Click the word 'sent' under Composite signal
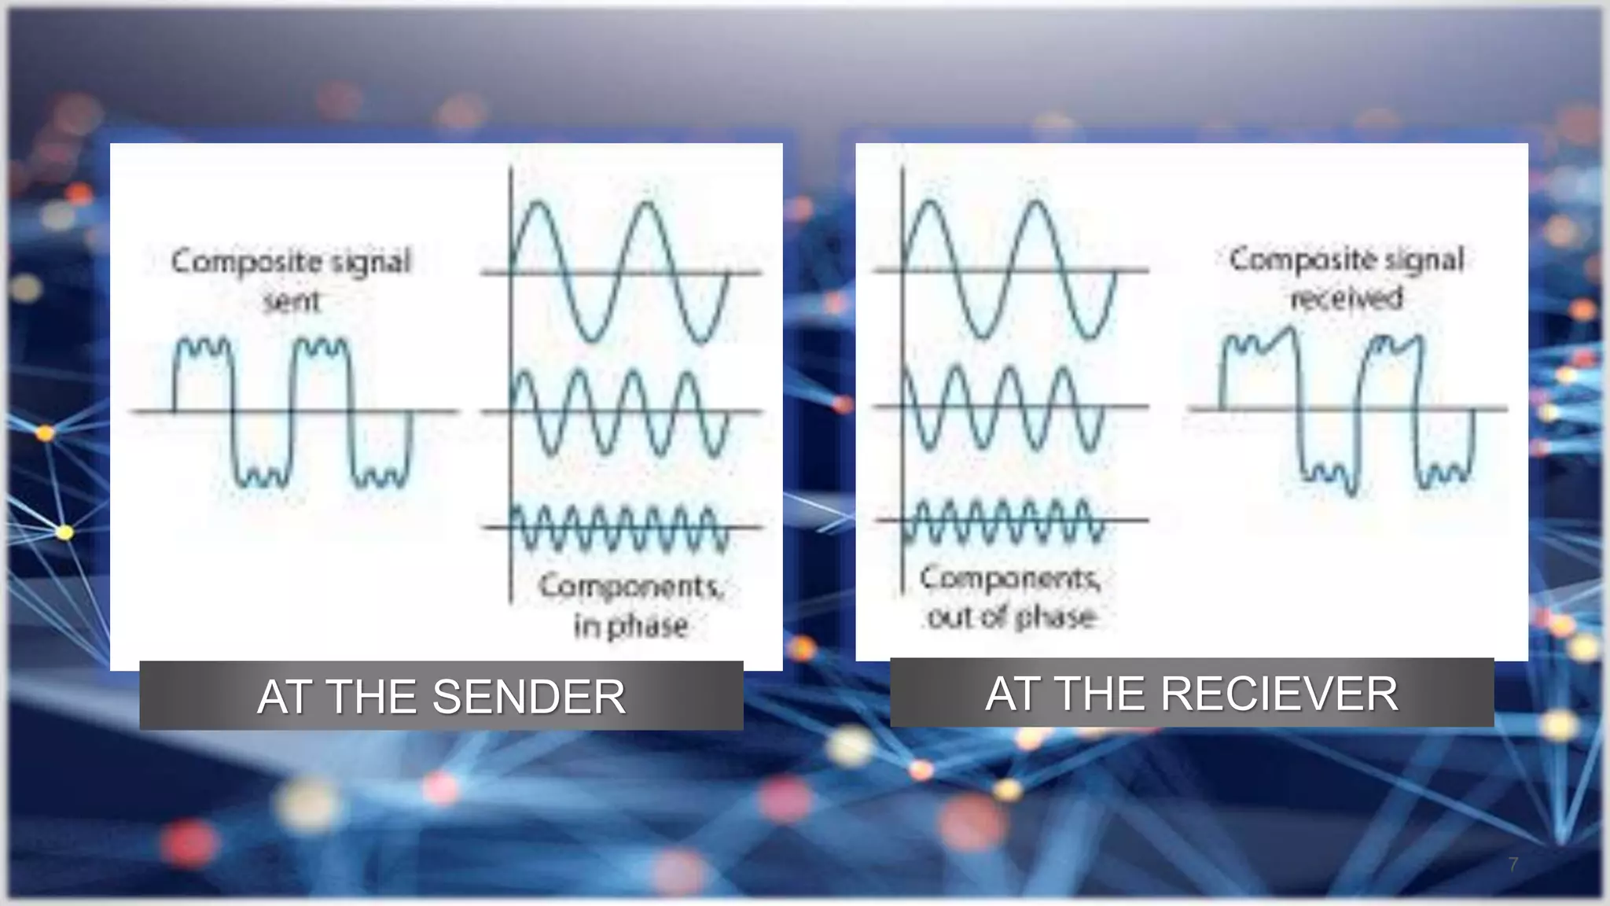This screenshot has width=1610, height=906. tap(292, 300)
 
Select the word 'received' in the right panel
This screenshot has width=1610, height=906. tap(1347, 297)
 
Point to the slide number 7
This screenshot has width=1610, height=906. tap(1513, 864)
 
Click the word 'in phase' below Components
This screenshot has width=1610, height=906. tap(630, 627)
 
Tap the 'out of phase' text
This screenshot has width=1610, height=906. tap(1012, 617)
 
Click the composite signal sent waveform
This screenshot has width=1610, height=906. tap(291, 411)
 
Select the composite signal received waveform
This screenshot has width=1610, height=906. tap(1346, 410)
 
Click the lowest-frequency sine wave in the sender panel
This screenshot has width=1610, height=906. tap(621, 272)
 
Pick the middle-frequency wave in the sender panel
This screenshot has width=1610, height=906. tap(621, 411)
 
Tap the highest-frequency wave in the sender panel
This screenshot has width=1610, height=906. tap(621, 527)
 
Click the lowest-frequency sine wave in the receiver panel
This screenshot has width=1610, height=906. tap(1011, 270)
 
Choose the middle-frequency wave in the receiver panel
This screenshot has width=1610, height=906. tap(1011, 407)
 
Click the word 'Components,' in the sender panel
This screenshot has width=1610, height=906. tap(630, 587)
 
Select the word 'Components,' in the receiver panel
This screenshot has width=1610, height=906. tap(1011, 579)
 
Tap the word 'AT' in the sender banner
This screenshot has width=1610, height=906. tap(285, 697)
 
